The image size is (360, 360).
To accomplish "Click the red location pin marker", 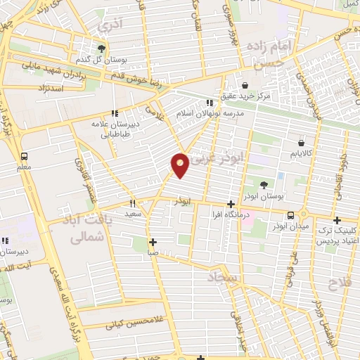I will click(181, 165).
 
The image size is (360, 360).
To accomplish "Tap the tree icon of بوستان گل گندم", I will click(102, 49).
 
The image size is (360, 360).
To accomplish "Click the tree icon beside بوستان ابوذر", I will click(264, 186).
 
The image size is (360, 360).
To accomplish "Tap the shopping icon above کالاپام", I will click(301, 143).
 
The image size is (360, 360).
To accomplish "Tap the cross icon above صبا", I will click(153, 242).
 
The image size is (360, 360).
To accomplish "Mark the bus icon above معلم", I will click(25, 156).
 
